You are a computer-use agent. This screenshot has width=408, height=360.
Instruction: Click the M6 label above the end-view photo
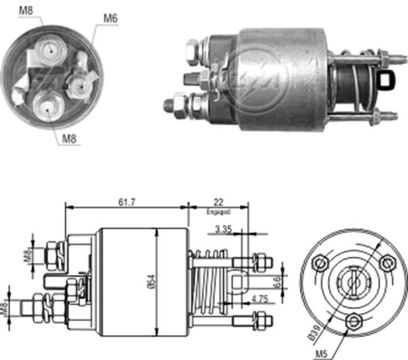coord(111,18)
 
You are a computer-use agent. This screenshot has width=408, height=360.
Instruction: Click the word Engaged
coord(218,211)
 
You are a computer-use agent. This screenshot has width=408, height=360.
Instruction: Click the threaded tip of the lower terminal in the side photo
coord(167,105)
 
